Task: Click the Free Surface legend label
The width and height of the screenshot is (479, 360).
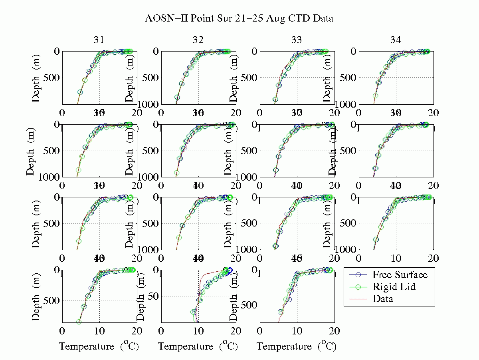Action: [x=400, y=275]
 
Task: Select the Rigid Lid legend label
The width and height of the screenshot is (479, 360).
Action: [x=393, y=286]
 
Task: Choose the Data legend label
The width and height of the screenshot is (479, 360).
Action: [x=383, y=298]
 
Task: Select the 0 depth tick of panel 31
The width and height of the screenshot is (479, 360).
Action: [x=56, y=52]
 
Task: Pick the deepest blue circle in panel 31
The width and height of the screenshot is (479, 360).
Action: [x=80, y=92]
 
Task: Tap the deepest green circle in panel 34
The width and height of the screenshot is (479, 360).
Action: [x=375, y=96]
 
